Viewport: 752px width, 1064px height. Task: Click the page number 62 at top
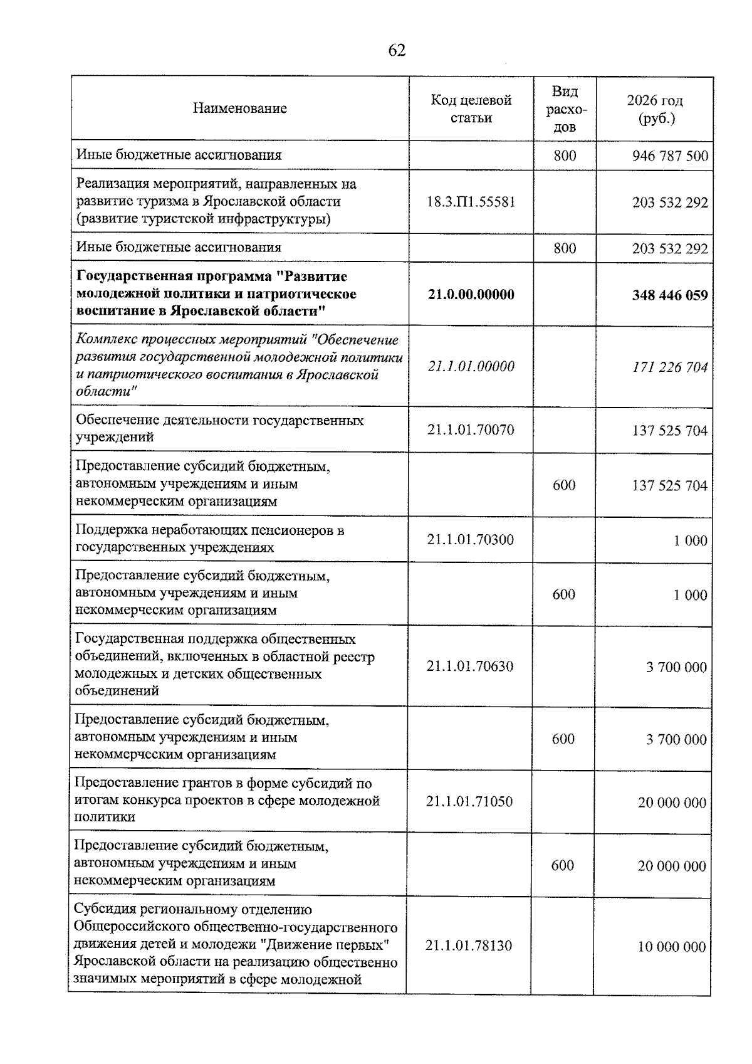[397, 51]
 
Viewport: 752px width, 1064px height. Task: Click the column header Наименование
[239, 108]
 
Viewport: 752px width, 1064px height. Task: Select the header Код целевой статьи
[471, 109]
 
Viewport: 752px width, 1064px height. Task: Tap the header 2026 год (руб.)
[654, 109]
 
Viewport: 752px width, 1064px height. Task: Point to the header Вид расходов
[565, 109]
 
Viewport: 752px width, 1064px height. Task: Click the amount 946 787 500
[670, 155]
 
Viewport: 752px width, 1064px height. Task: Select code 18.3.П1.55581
[471, 202]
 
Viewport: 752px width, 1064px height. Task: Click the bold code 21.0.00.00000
[471, 295]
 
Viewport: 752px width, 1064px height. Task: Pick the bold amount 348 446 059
[670, 295]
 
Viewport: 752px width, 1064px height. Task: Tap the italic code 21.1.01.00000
[471, 366]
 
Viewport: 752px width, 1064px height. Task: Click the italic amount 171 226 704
[670, 367]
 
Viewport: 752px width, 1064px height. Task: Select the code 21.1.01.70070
[470, 430]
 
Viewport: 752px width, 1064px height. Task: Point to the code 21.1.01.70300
[470, 540]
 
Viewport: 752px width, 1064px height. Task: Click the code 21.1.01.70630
[469, 666]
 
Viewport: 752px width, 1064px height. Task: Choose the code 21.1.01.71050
[469, 802]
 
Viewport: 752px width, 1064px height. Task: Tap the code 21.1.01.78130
[469, 945]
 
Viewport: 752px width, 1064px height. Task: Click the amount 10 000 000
[672, 947]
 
